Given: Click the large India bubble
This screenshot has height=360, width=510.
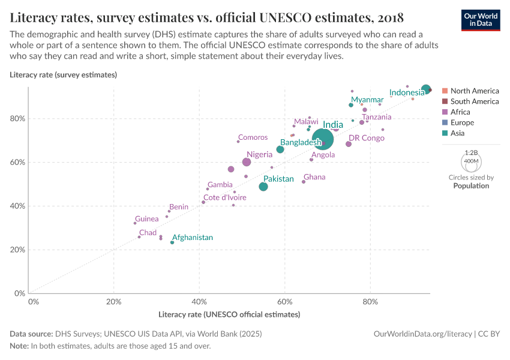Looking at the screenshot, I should (323, 140).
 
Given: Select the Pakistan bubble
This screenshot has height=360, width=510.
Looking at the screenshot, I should (263, 187).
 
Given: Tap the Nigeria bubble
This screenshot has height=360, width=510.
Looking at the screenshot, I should (247, 162).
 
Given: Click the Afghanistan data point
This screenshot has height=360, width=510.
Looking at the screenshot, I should (172, 242).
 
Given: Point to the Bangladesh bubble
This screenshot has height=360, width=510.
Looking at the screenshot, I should (280, 149).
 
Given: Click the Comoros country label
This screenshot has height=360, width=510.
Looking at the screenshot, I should (253, 137).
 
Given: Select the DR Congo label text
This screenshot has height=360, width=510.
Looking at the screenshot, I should (367, 138).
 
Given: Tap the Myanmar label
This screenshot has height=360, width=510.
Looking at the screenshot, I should (367, 100).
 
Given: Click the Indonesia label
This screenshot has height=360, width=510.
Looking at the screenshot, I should (407, 92).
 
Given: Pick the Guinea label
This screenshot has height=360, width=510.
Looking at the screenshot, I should (147, 219).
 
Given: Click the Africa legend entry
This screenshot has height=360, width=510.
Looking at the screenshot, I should (460, 112).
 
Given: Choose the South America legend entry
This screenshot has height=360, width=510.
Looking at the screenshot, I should (474, 101).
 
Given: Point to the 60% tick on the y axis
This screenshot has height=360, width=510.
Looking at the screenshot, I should (19, 162).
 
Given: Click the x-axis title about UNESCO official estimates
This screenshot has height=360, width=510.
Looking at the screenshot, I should (229, 314).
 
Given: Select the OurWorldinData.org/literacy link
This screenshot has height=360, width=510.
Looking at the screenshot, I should (422, 334).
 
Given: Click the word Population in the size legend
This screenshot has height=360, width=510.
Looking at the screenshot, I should (471, 186).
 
